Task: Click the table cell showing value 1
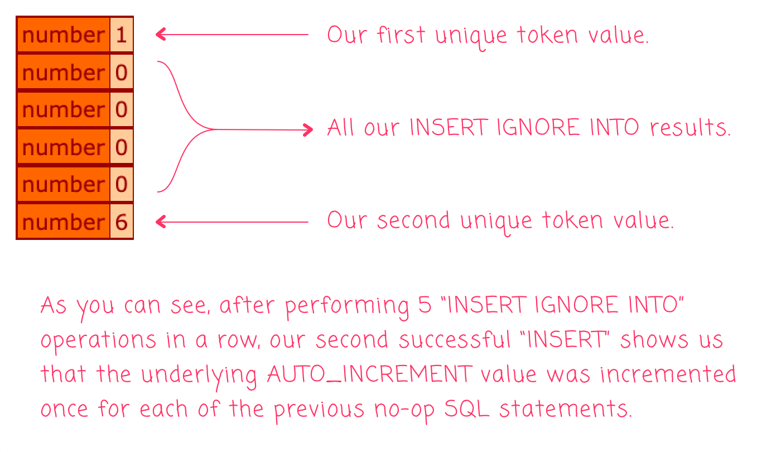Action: pyautogui.click(x=122, y=35)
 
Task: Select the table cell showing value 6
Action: pyautogui.click(x=122, y=222)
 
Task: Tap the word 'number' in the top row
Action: pyautogui.click(x=63, y=35)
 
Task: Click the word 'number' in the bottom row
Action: pyautogui.click(x=63, y=222)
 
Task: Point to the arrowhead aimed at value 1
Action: pyautogui.click(x=160, y=35)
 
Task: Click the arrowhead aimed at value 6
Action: pyautogui.click(x=160, y=222)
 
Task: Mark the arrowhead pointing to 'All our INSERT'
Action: pyautogui.click(x=308, y=130)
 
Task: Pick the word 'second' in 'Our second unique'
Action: pyautogui.click(x=413, y=220)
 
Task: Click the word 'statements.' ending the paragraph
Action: pyautogui.click(x=566, y=410)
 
